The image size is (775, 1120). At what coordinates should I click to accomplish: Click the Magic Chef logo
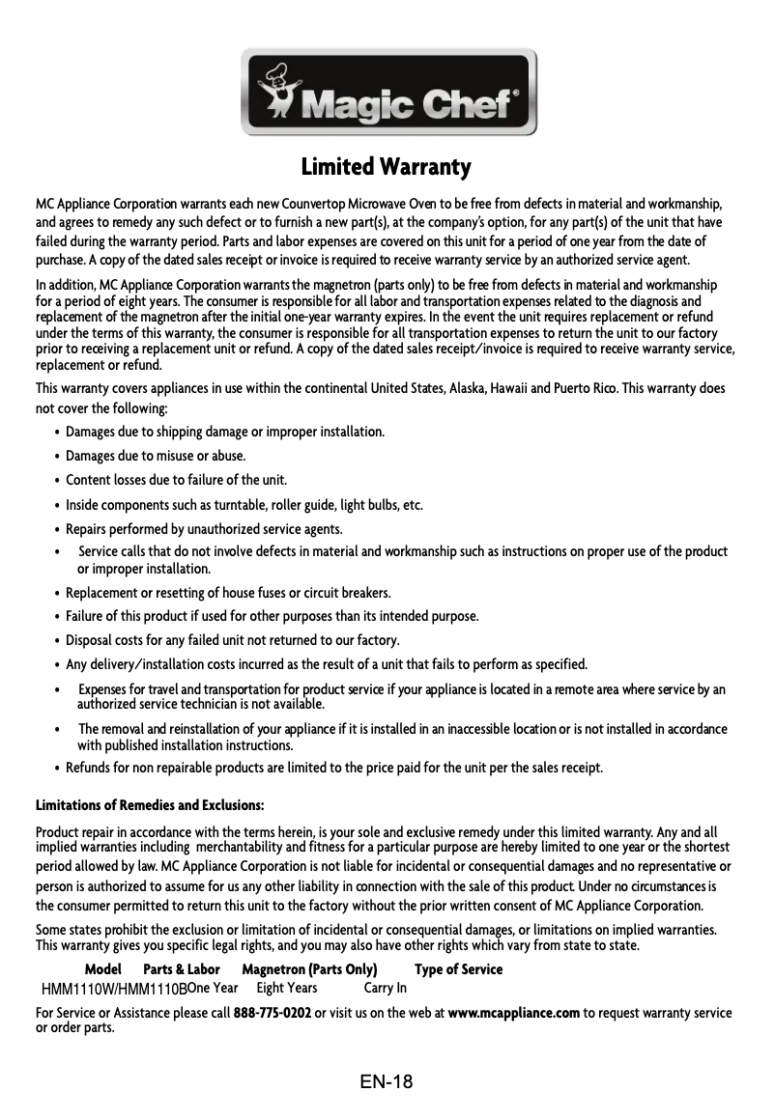[387, 93]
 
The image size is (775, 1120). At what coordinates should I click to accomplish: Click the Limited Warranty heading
[387, 167]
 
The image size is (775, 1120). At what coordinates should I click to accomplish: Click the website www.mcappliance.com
[514, 1013]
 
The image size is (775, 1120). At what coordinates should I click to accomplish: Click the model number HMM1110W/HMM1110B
[114, 989]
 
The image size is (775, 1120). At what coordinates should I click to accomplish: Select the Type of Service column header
[458, 969]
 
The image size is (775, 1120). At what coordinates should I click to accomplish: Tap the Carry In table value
[385, 988]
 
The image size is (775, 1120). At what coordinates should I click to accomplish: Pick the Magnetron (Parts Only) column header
[308, 969]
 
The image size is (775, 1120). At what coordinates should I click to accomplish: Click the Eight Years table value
[287, 988]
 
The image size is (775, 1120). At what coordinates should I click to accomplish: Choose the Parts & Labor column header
[182, 969]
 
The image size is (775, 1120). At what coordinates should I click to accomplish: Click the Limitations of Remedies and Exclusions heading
[150, 805]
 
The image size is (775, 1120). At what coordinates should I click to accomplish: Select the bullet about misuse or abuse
[155, 456]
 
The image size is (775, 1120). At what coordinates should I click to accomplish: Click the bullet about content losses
[176, 480]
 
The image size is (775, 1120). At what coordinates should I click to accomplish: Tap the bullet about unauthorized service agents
[204, 529]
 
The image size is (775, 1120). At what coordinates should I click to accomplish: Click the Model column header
[103, 969]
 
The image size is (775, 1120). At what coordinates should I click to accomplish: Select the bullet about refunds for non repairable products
[333, 769]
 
